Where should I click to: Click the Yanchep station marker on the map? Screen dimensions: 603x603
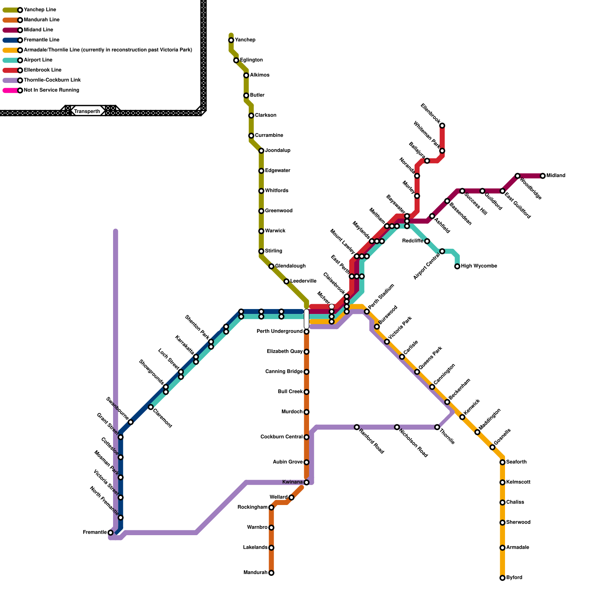[231, 40]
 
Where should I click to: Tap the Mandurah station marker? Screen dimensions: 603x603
[271, 573]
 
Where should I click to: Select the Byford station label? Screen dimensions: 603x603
[514, 578]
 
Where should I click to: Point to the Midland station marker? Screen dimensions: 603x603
[543, 176]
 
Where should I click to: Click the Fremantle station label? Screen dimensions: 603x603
[95, 533]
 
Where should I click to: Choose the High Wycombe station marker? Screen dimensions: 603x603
[457, 266]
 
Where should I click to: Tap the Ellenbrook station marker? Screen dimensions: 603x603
[442, 125]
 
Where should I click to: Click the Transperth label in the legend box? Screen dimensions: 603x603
[87, 112]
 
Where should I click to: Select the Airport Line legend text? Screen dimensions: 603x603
[38, 60]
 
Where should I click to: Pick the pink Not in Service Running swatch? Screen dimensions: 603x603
[10, 90]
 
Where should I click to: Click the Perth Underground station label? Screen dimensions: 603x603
[280, 332]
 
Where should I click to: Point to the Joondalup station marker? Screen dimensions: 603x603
[261, 151]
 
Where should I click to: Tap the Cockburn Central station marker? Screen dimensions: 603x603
[306, 437]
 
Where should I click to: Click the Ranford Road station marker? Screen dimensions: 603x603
[357, 427]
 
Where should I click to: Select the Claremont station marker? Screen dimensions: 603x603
[151, 407]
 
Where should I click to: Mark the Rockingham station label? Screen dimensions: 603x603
[253, 508]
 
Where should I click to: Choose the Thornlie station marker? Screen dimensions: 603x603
[437, 427]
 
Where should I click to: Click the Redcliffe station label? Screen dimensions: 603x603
[413, 241]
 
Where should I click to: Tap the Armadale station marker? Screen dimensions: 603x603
[502, 548]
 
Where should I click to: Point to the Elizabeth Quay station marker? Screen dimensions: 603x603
[306, 352]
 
